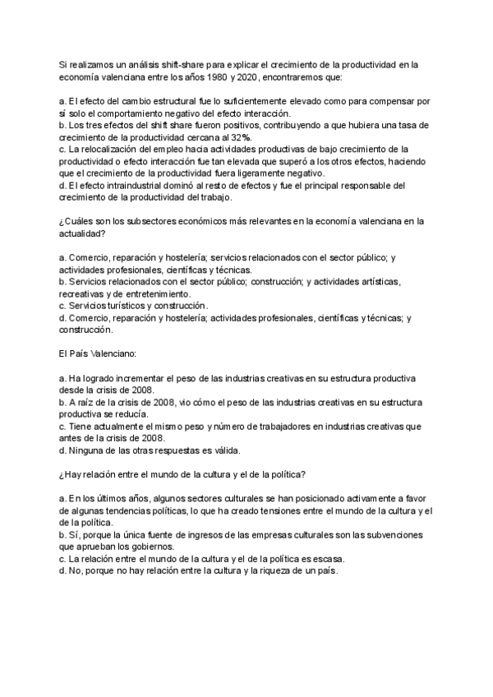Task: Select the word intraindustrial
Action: point(123,185)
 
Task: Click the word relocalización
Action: point(109,149)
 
